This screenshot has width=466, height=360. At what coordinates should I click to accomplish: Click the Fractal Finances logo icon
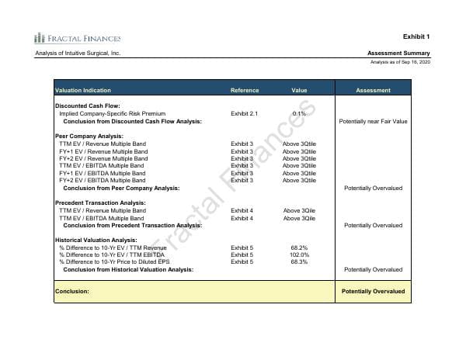click(39, 37)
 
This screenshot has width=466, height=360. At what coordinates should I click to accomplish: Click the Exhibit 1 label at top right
click(416, 36)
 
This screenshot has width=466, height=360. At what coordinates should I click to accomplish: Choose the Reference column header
click(245, 91)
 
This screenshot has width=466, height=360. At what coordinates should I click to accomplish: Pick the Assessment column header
click(373, 91)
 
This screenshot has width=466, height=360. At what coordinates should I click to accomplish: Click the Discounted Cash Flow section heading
click(88, 106)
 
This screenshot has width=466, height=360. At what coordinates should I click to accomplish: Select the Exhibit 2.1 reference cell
click(244, 114)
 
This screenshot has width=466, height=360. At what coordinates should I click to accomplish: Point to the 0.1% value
click(299, 114)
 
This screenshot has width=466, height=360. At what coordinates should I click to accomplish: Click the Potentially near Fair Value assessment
click(373, 121)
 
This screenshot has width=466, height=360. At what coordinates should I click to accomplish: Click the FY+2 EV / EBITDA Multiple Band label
click(101, 180)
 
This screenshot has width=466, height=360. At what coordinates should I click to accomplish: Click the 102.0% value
click(299, 254)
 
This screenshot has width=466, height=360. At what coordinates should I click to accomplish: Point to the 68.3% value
click(299, 261)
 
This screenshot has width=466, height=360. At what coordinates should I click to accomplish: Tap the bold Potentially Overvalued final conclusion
click(373, 291)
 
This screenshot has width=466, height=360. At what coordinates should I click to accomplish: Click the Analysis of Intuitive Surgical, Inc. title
click(78, 53)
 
